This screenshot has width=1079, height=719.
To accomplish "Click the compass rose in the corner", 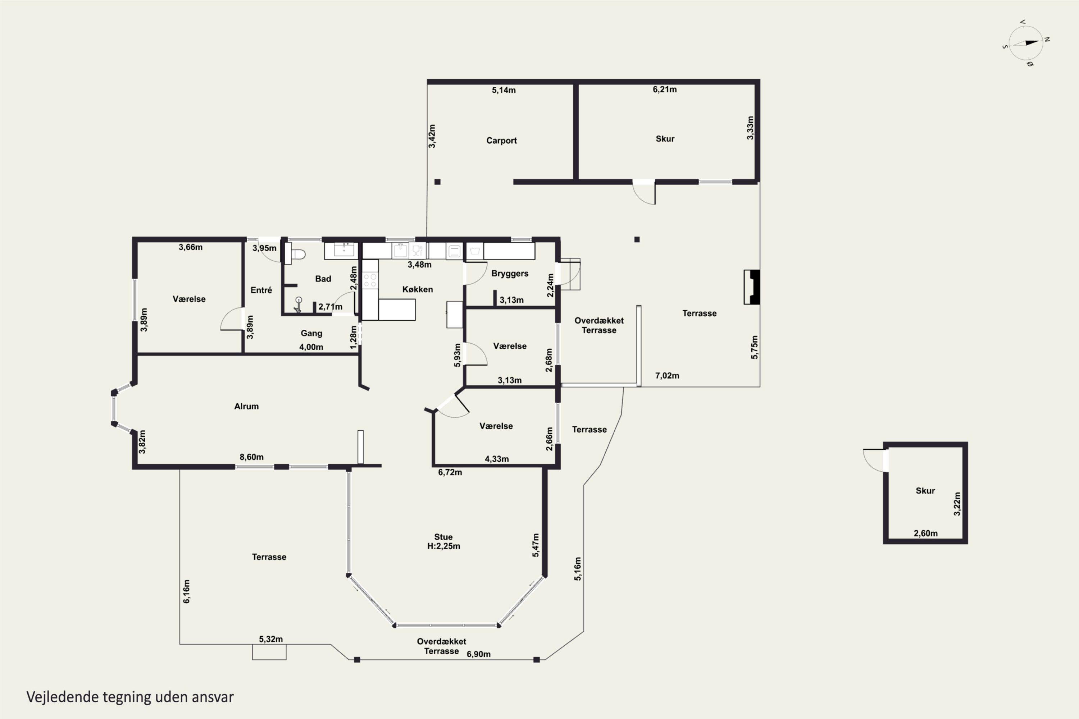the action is tap(1026, 43).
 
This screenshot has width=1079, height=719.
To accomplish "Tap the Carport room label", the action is tap(501, 140).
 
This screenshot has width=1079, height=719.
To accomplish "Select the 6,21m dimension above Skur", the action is tap(665, 90).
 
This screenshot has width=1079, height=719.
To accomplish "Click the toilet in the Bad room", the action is tap(295, 253).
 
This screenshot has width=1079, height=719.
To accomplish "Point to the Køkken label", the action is tap(418, 289).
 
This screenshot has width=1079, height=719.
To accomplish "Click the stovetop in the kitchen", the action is tap(370, 280).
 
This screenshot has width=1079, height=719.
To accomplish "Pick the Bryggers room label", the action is tap(510, 274).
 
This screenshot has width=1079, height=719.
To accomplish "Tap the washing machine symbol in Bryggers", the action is tap(475, 251).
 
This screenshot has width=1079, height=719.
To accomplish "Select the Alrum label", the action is tap(246, 406).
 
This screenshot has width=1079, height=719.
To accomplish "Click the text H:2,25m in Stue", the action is tap(443, 546).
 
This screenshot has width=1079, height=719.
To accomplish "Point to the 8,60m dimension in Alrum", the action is tap(251, 457).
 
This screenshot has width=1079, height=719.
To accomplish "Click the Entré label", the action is tap(261, 290).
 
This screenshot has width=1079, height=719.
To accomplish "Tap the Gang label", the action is tap(311, 333).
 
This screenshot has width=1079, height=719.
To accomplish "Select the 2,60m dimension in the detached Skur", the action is tap(926, 533).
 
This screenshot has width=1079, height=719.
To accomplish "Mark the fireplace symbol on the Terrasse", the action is tap(751, 287).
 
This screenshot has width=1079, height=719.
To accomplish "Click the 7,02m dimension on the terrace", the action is tap(667, 376).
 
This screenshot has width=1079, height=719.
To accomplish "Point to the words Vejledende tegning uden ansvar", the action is tap(130, 697).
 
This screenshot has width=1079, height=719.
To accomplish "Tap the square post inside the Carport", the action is tap(437, 182).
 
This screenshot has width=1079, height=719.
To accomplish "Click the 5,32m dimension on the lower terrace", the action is tap(271, 639).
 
